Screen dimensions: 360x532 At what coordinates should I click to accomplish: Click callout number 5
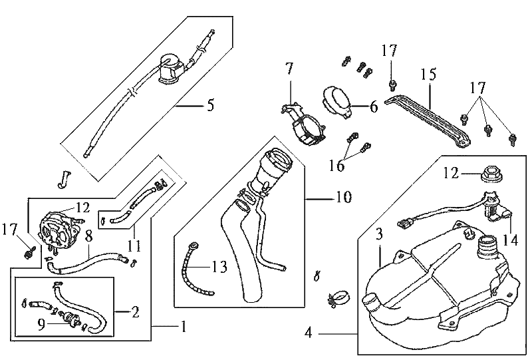coord(210,104)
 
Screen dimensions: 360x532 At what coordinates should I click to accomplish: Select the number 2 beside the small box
coord(136,311)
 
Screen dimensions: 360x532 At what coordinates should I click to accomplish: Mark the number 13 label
coord(219,266)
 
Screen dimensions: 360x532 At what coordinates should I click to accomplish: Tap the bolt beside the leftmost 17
coord(29,252)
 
